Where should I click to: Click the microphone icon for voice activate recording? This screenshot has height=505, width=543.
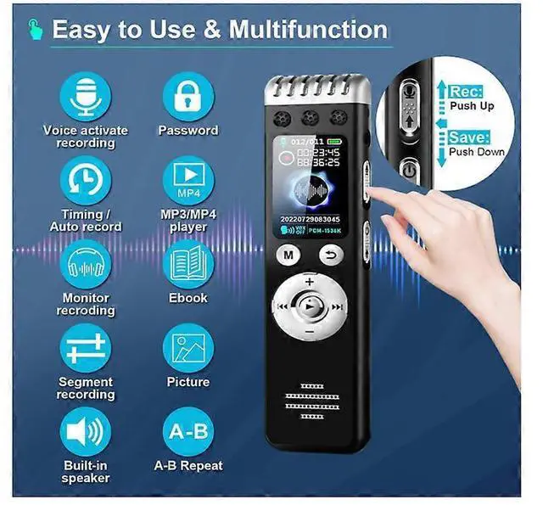[x=86, y=97]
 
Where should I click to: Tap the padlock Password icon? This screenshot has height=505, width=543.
[x=188, y=97]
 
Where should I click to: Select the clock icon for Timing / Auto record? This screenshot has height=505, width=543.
[x=86, y=181]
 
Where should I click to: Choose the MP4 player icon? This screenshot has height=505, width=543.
[x=188, y=181]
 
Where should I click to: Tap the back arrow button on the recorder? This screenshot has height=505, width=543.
[x=332, y=254]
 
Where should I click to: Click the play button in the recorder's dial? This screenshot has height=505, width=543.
[x=310, y=306]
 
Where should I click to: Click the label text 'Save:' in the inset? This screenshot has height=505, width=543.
[x=468, y=137]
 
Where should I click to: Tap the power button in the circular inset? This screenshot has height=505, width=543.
[x=408, y=168]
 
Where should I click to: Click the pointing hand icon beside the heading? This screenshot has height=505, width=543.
[x=35, y=30]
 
